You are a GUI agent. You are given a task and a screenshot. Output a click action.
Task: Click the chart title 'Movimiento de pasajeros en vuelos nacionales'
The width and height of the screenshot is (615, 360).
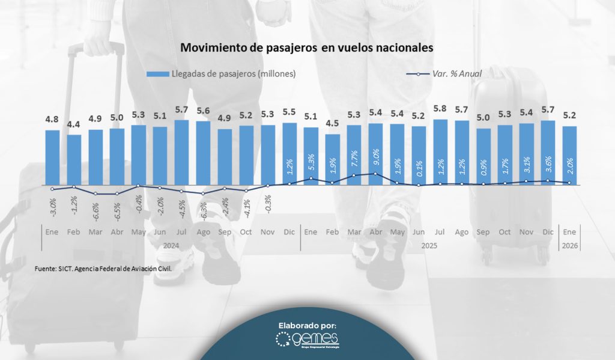pos(307,47)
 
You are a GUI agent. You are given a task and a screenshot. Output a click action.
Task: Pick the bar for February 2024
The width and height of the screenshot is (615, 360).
pos(74,160)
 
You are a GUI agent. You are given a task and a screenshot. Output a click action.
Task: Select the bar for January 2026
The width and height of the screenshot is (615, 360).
pos(569,155)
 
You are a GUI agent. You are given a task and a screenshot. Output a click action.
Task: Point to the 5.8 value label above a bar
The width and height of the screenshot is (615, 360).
pos(440,110)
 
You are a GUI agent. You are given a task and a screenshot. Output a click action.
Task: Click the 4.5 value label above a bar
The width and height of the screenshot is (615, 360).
pos(333,124)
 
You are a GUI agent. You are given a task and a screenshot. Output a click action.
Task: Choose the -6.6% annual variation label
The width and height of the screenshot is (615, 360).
pos(96,210)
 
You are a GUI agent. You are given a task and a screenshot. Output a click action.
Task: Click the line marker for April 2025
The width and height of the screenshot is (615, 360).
pos(375,174)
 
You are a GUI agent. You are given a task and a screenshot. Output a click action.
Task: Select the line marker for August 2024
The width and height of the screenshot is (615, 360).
pos(203,194)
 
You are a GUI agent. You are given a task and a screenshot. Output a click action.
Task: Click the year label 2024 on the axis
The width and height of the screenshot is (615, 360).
pos(172,245)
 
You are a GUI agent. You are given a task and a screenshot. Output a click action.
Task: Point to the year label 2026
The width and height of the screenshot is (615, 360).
pos(569,245)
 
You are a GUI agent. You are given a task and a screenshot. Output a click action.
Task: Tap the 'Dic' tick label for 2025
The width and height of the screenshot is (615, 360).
pos(548,232)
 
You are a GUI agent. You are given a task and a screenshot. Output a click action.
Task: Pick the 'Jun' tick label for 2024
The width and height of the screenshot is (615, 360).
pos(160,232)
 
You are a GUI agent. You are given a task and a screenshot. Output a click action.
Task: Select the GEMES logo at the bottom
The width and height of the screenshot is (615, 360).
pos(307,340)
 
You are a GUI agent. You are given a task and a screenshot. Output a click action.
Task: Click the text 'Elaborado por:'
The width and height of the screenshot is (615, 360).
pos(307,325)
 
